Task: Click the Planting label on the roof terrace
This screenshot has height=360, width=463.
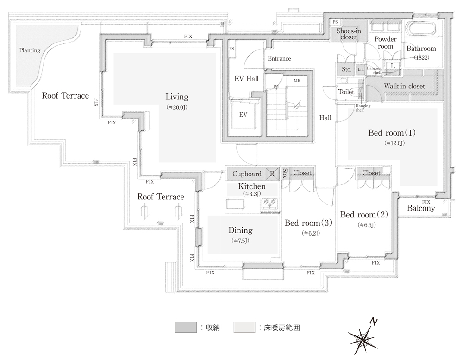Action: pyautogui.click(x=30, y=50)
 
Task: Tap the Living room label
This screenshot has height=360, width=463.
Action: pyautogui.click(x=176, y=97)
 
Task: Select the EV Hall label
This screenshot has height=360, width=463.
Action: pyautogui.click(x=246, y=79)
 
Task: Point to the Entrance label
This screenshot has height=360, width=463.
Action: pyautogui.click(x=279, y=58)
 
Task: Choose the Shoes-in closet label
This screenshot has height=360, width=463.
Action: pyautogui.click(x=349, y=34)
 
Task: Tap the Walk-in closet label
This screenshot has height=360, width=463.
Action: pyautogui.click(x=404, y=86)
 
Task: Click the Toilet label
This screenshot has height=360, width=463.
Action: pyautogui.click(x=346, y=92)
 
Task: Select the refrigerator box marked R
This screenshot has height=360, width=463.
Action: pyautogui.click(x=272, y=174)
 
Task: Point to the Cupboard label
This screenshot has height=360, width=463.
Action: pyautogui.click(x=247, y=174)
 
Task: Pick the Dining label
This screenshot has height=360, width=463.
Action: pyautogui.click(x=240, y=230)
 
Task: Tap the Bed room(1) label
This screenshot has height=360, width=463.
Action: pyautogui.click(x=392, y=133)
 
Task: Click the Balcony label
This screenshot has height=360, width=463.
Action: pyautogui.click(x=421, y=208)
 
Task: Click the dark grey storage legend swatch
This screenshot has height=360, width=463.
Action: pyautogui.click(x=186, y=327)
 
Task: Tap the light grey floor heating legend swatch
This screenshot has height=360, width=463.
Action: pyautogui.click(x=244, y=327)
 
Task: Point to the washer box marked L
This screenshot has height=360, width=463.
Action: pyautogui.click(x=393, y=66)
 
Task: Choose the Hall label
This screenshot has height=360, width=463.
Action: pyautogui.click(x=325, y=118)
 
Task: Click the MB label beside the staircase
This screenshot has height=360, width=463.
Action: pyautogui.click(x=297, y=81)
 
